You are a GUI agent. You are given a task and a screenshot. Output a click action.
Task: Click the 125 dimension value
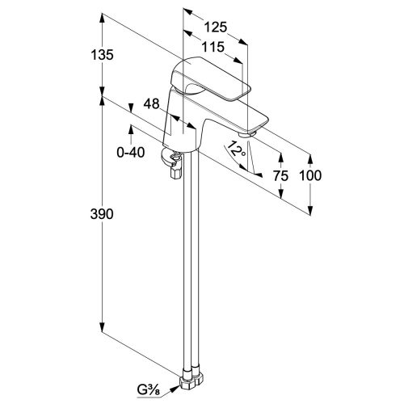[216, 27]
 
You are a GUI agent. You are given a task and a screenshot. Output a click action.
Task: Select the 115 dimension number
[213, 47]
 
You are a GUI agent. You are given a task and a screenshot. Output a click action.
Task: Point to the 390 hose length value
[102, 214]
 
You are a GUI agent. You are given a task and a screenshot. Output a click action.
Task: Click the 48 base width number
[151, 103]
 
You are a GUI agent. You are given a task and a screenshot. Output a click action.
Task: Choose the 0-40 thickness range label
[131, 153]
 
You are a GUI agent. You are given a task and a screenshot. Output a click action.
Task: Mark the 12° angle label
[236, 149]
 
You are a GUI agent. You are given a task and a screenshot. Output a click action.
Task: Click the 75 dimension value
[280, 176]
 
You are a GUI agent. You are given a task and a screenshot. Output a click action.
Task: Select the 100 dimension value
[310, 175]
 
